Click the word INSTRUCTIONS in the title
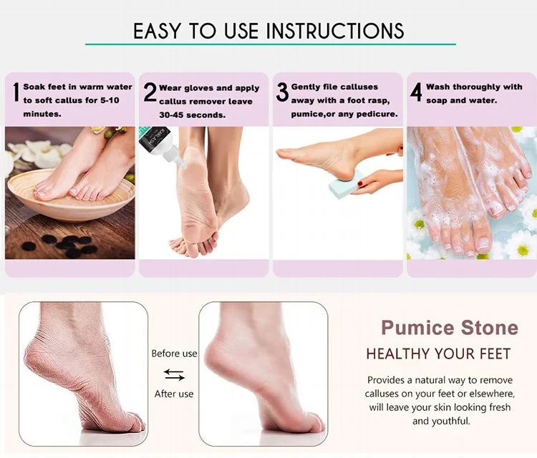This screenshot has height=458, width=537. click(335, 31)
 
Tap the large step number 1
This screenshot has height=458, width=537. click(16, 92)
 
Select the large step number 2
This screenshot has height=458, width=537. click(150, 92)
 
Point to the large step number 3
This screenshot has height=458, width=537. click(283, 92)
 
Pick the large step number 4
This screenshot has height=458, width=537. click(416, 92)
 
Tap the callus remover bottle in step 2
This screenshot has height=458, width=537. click(162, 146)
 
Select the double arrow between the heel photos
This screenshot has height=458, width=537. click(174, 374)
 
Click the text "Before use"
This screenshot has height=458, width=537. click(174, 354)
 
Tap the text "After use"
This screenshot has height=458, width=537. click(174, 394)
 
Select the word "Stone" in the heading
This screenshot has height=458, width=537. click(490, 327)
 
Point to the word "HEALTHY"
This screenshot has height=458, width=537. click(398, 354)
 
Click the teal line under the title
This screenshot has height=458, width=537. click(271, 44)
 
